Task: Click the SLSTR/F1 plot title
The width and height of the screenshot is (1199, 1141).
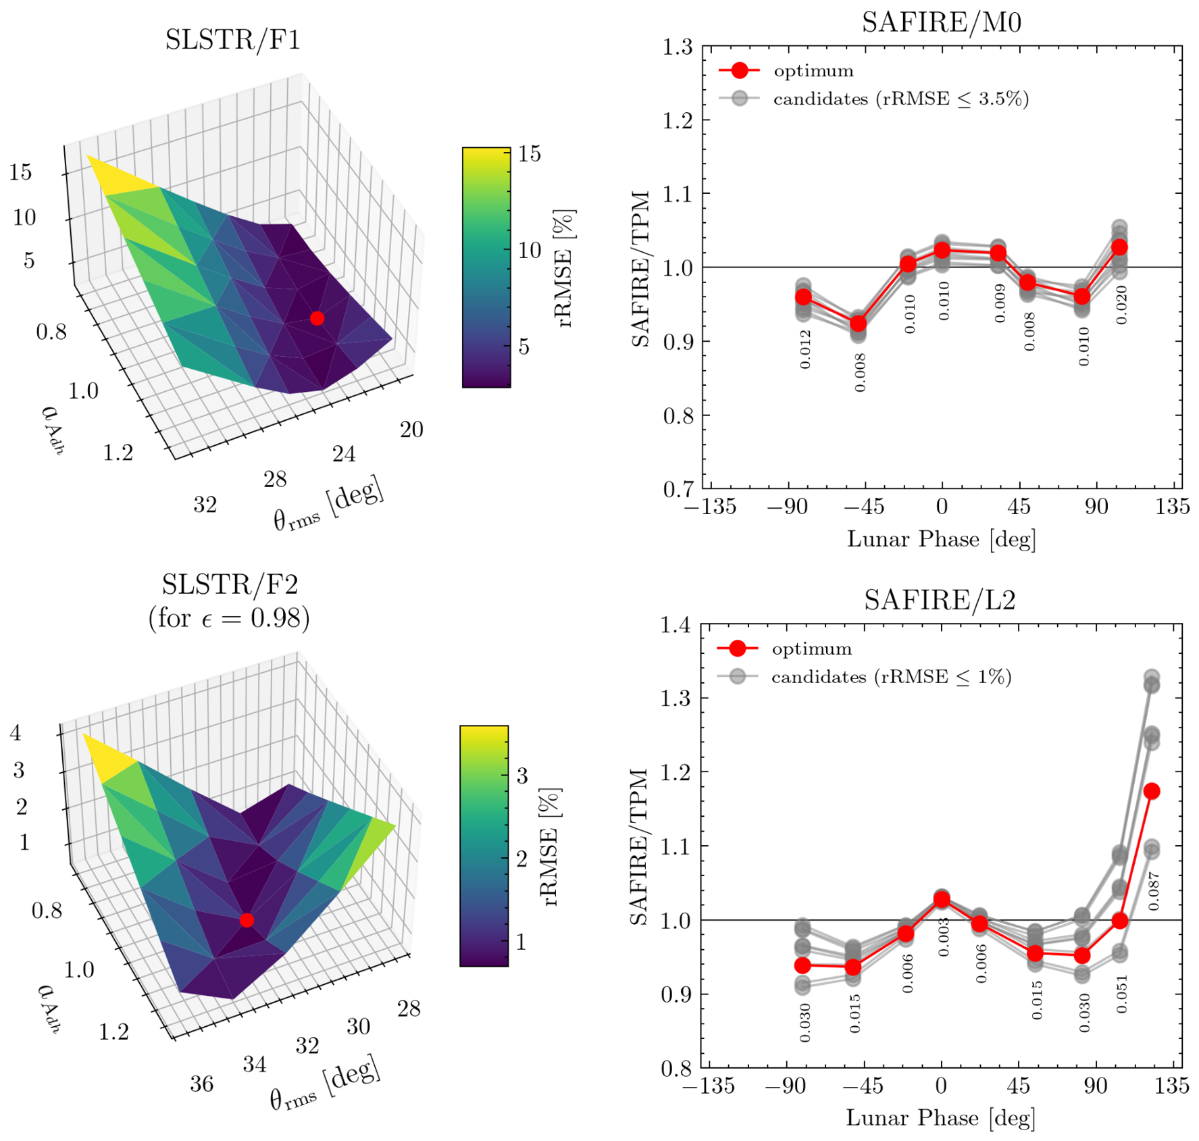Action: click(232, 40)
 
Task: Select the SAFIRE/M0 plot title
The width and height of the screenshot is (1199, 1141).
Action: click(941, 22)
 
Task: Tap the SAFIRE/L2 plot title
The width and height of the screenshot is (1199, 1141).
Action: click(940, 600)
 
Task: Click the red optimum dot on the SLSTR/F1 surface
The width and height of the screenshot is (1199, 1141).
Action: click(317, 318)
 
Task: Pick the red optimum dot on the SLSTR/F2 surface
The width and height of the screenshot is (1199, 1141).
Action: click(247, 920)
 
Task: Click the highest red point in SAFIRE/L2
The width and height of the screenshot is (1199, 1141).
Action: click(1152, 791)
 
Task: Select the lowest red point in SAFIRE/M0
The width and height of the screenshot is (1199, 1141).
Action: click(858, 324)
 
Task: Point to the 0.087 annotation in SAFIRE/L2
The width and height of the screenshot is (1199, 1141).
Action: click(1154, 890)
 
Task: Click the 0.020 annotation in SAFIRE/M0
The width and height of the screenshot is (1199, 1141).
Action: click(1121, 305)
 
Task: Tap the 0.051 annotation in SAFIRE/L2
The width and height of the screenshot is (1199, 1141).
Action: click(1121, 994)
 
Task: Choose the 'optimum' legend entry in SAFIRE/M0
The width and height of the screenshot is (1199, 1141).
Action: click(787, 71)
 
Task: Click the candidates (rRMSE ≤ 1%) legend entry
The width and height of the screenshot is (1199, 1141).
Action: click(865, 677)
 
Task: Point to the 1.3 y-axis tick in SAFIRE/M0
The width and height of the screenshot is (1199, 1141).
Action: click(678, 47)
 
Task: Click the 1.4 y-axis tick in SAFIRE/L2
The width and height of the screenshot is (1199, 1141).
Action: click(676, 625)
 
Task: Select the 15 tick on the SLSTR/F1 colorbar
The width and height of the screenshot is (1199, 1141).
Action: click(530, 154)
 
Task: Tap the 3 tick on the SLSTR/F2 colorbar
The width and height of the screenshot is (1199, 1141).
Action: click(522, 776)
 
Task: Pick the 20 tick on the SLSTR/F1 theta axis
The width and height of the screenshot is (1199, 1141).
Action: click(411, 430)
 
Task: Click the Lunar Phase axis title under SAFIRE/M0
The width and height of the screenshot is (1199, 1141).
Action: click(941, 540)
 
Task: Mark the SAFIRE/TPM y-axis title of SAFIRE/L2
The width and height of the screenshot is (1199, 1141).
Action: click(639, 846)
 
